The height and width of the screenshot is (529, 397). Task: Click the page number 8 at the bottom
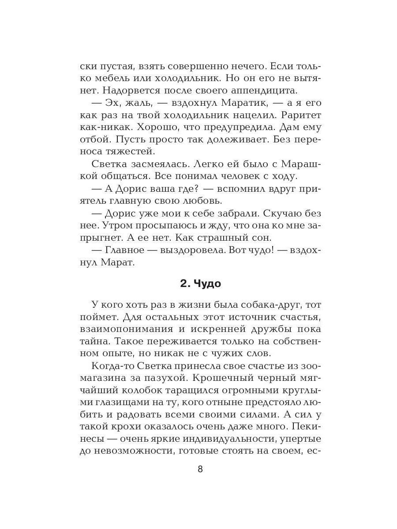pos(200,469)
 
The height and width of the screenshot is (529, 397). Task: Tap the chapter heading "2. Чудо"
pos(200,283)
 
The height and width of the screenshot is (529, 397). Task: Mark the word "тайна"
pos(95,341)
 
